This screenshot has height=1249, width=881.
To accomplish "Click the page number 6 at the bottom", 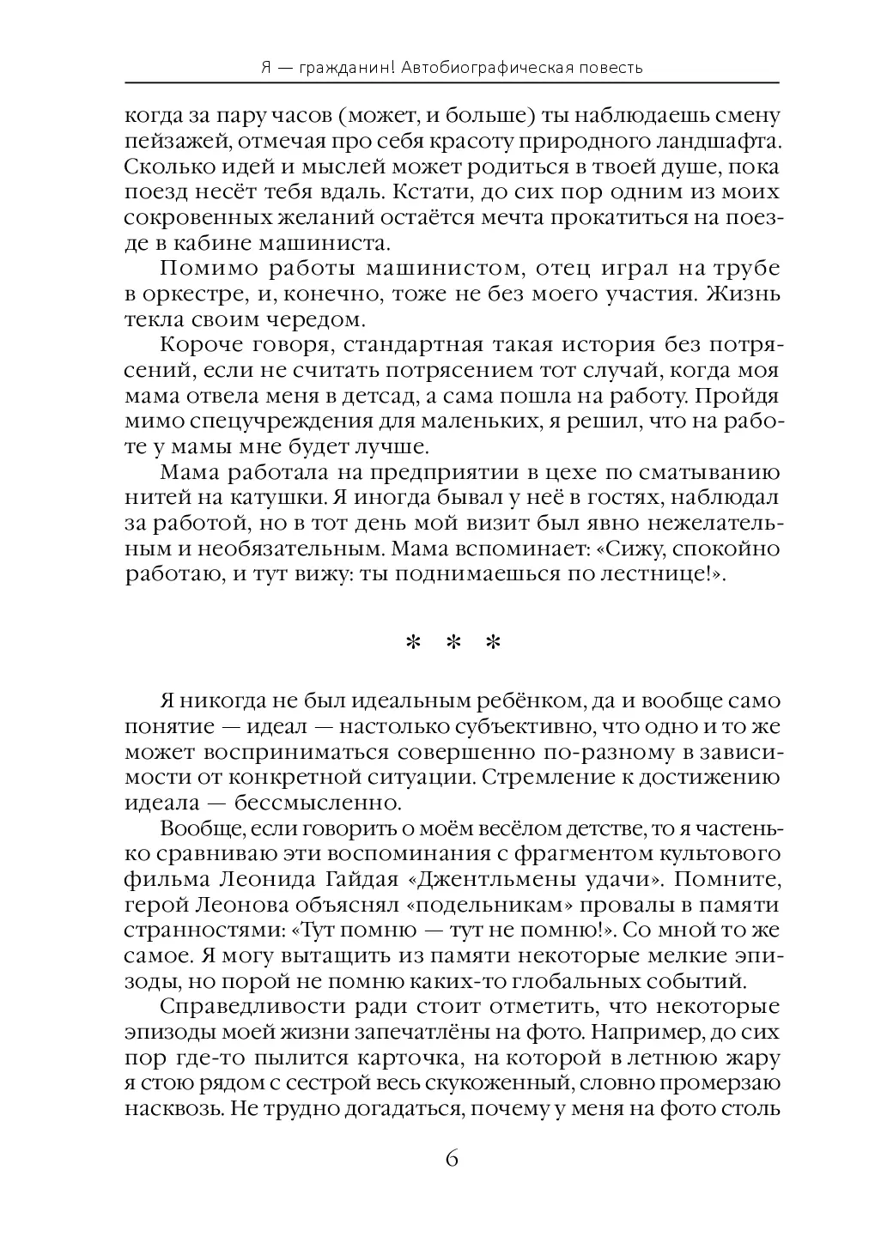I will [452, 1157].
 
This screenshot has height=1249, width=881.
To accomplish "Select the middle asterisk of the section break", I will [452, 644].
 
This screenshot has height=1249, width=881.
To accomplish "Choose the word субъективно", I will [506, 727].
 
